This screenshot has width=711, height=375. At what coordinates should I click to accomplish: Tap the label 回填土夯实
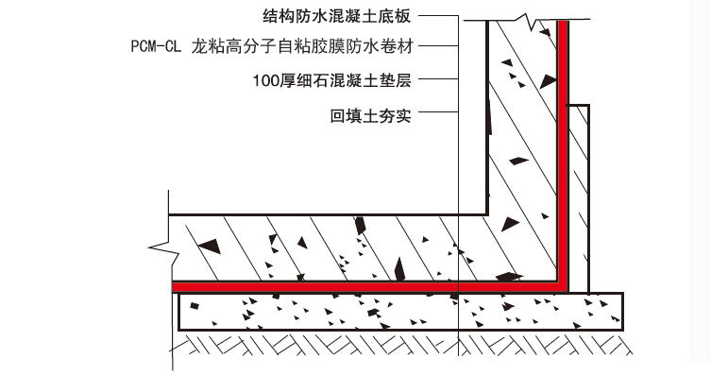pos(371,117)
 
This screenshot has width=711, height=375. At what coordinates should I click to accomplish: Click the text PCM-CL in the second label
pos(155,44)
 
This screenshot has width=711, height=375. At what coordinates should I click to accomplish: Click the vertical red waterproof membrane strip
pos(563,142)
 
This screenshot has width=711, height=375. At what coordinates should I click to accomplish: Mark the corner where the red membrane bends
pos(563,282)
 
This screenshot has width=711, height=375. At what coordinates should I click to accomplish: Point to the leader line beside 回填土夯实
pos(436,117)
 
